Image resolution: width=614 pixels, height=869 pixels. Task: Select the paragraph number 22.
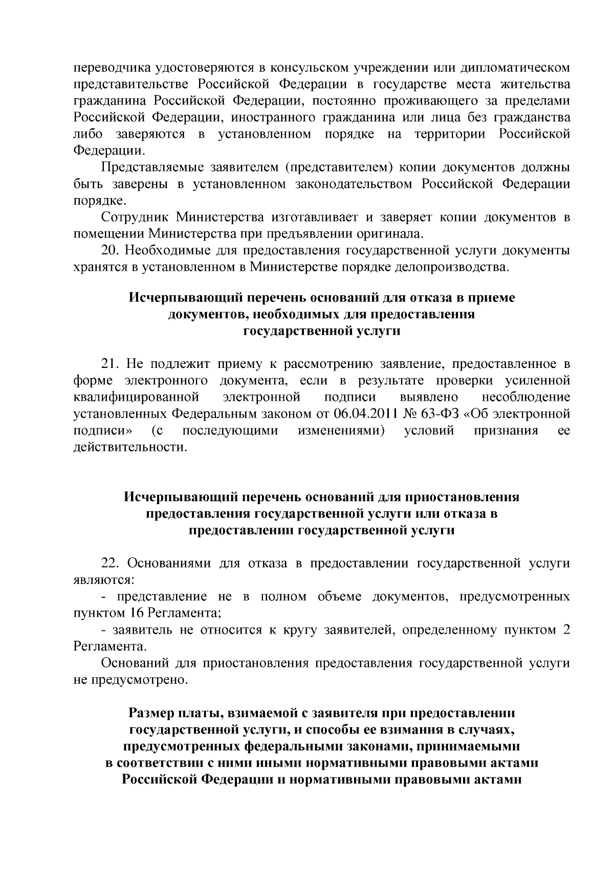111,563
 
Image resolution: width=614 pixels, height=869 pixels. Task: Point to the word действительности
128,447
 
